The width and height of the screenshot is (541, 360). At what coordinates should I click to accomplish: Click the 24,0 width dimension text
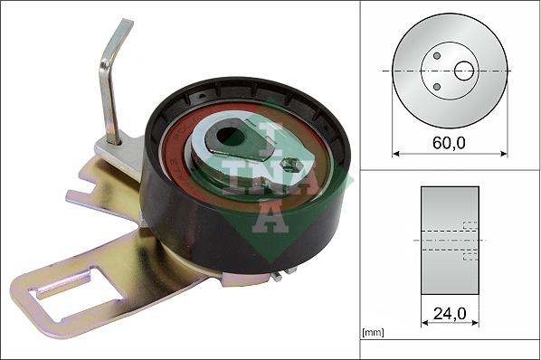point(450,316)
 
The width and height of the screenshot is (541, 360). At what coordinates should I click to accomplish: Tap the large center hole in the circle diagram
point(464,71)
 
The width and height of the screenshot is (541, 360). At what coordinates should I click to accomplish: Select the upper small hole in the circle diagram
point(436,55)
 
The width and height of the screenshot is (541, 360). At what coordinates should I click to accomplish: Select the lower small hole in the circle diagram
point(436,87)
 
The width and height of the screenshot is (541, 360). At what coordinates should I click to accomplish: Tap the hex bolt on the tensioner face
point(291,166)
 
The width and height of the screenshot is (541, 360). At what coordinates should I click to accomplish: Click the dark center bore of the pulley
point(233,137)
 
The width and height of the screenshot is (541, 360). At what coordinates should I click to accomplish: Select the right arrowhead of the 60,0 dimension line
point(504,154)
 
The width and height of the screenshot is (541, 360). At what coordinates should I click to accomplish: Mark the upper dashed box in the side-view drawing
point(470,226)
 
